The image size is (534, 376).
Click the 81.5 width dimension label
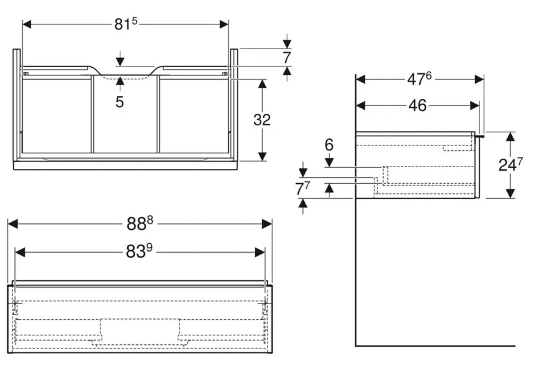coord(126,24)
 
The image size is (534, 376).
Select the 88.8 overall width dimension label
coord(139,223)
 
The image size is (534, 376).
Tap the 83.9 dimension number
coord(140,252)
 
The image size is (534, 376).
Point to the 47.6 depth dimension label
coord(419,79)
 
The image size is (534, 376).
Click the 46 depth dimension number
coord(417,105)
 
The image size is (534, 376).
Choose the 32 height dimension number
coord(262,120)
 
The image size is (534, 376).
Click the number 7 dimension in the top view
coord(287,58)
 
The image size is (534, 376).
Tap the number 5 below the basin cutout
coord(120,102)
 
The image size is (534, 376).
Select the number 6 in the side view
coord(329,145)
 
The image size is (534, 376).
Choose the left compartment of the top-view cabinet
coord(56,115)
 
